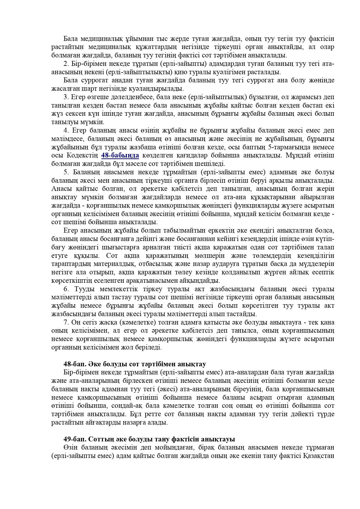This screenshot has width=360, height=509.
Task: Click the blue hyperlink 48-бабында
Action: tap(120, 155)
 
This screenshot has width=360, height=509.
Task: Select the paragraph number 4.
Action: tap(66, 131)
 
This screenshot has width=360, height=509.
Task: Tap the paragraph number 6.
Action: tap(66, 289)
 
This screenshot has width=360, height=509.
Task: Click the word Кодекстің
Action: tap(84, 156)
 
